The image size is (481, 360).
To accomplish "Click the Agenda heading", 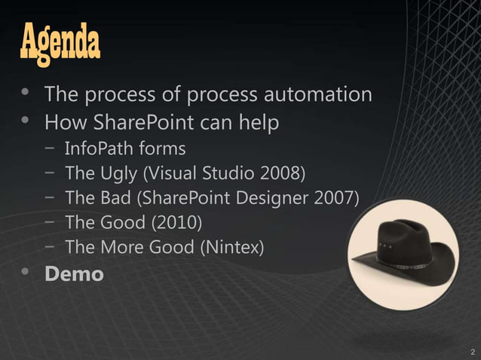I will click(x=60, y=44).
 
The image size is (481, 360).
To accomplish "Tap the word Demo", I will click(x=74, y=274).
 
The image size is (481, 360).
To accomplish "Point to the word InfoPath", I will click(x=94, y=148).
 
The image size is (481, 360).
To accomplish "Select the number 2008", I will click(x=280, y=174).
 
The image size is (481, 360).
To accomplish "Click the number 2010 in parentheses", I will click(x=177, y=223).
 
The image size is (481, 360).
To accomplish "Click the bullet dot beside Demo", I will click(x=27, y=273).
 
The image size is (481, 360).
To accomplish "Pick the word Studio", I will click(x=230, y=174).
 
